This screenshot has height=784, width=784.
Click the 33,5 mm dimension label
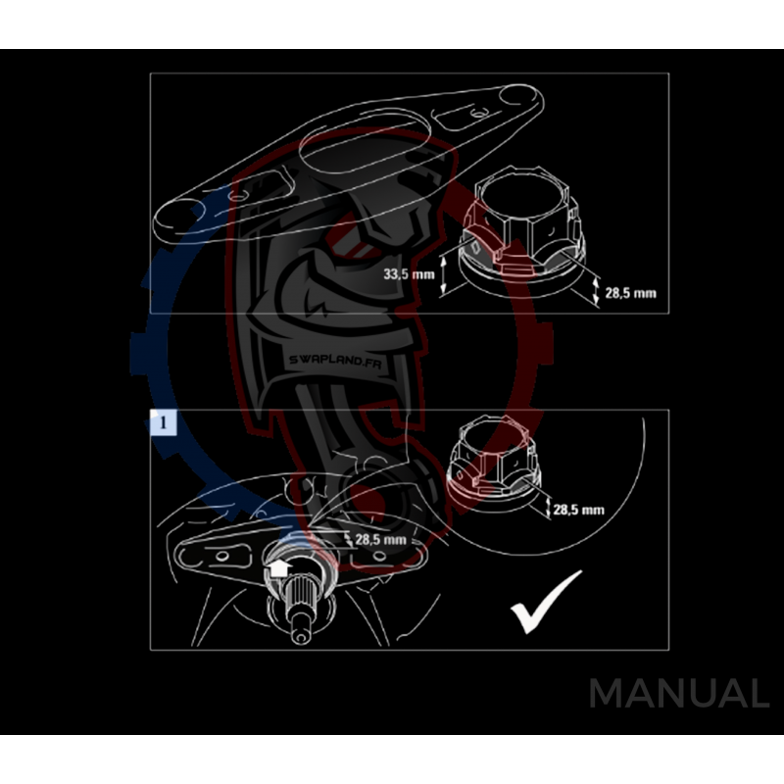click(409, 275)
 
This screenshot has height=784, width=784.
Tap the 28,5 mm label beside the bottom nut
click(578, 510)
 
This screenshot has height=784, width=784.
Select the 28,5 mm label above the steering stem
click(380, 539)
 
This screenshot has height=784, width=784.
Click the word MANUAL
click(678, 694)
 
